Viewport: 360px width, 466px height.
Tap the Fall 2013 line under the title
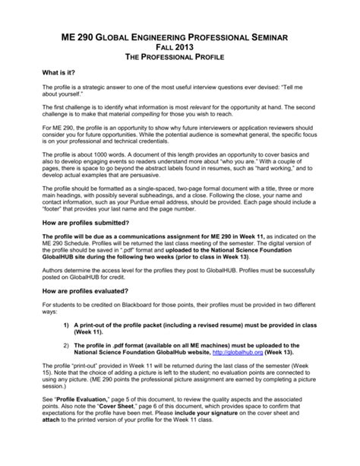(180, 47)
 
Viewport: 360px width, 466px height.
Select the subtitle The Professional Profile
(180, 59)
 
